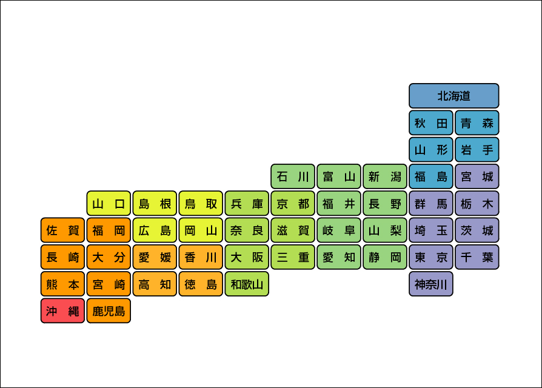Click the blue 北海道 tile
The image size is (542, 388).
pos(453,96)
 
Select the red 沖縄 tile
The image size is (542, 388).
pos(63,311)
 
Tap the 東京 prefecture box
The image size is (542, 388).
pos(431,257)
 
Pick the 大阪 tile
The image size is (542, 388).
pos(247,257)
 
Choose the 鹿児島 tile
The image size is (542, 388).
pos(109,311)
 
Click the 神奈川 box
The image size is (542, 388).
pos(431,284)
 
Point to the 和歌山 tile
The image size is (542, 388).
pos(247,284)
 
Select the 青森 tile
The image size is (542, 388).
pos(477,122)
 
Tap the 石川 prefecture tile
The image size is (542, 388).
pos(293,176)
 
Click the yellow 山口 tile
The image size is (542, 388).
pos(109,204)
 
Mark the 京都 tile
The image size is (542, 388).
pos(293,204)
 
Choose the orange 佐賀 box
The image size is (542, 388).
pos(63,230)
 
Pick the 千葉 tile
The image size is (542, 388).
pos(477,257)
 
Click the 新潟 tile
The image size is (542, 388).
pos(385,176)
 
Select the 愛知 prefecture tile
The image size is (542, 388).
pos(339,257)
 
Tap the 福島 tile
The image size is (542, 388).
pos(431,176)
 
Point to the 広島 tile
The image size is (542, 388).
pos(155,230)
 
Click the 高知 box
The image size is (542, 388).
pos(155,284)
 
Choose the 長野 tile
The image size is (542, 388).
pos(385,204)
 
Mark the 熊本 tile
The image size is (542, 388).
pos(63,284)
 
